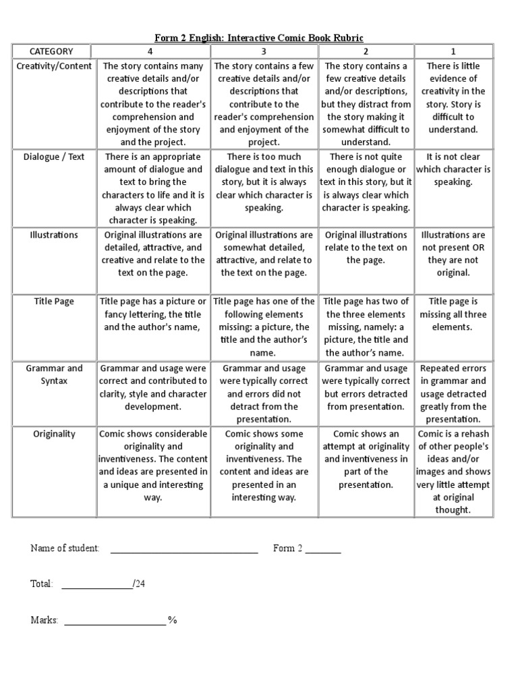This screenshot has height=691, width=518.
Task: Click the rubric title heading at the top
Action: (260, 38)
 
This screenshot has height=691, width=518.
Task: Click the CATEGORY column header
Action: (51, 51)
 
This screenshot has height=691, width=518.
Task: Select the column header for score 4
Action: (153, 51)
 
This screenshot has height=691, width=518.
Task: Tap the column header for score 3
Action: (264, 51)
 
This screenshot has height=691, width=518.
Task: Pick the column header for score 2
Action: (366, 51)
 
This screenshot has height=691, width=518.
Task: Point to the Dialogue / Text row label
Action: (54, 157)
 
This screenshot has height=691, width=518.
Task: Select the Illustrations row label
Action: (54, 235)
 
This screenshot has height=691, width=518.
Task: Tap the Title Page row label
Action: (54, 302)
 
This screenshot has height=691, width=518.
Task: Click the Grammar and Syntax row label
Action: (54, 375)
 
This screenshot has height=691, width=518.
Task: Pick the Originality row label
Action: (54, 434)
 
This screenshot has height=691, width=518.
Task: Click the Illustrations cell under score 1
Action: (453, 254)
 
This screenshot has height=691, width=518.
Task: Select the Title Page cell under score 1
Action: (453, 314)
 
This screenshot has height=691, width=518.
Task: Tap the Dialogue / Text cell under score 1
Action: (453, 169)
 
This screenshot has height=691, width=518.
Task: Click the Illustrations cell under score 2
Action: (366, 247)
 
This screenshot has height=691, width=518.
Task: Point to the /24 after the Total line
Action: (139, 584)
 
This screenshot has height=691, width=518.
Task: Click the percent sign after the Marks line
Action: (173, 620)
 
